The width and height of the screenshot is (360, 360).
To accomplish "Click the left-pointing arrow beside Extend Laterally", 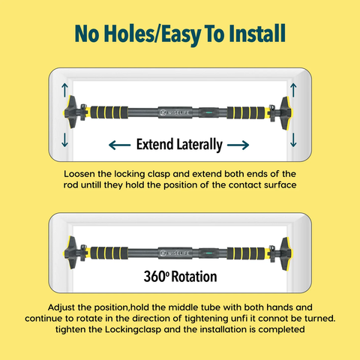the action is (x=120, y=145).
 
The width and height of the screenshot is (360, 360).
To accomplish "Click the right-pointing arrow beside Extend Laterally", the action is (x=238, y=145).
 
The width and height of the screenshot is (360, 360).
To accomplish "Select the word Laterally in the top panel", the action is (x=199, y=145).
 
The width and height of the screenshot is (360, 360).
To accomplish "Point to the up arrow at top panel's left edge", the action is (x=64, y=90).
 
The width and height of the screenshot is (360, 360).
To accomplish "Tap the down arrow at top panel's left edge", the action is (x=64, y=139).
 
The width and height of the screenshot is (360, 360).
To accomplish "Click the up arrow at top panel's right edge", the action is (x=293, y=90).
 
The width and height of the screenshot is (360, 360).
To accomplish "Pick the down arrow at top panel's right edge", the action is (x=293, y=139).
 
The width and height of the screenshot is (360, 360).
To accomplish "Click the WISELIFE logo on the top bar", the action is (x=175, y=112).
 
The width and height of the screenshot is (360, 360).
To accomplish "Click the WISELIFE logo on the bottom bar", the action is (x=175, y=253).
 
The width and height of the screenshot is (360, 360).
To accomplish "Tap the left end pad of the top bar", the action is (x=70, y=112).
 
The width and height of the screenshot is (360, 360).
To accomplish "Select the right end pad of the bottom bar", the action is (x=286, y=253).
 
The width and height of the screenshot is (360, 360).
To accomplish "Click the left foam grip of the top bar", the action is (x=109, y=112).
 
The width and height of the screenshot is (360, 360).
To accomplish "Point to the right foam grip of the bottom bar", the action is (x=246, y=253).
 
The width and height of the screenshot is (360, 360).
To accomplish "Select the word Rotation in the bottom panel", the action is (x=194, y=277).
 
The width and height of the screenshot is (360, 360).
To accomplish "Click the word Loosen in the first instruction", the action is (x=79, y=174).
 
